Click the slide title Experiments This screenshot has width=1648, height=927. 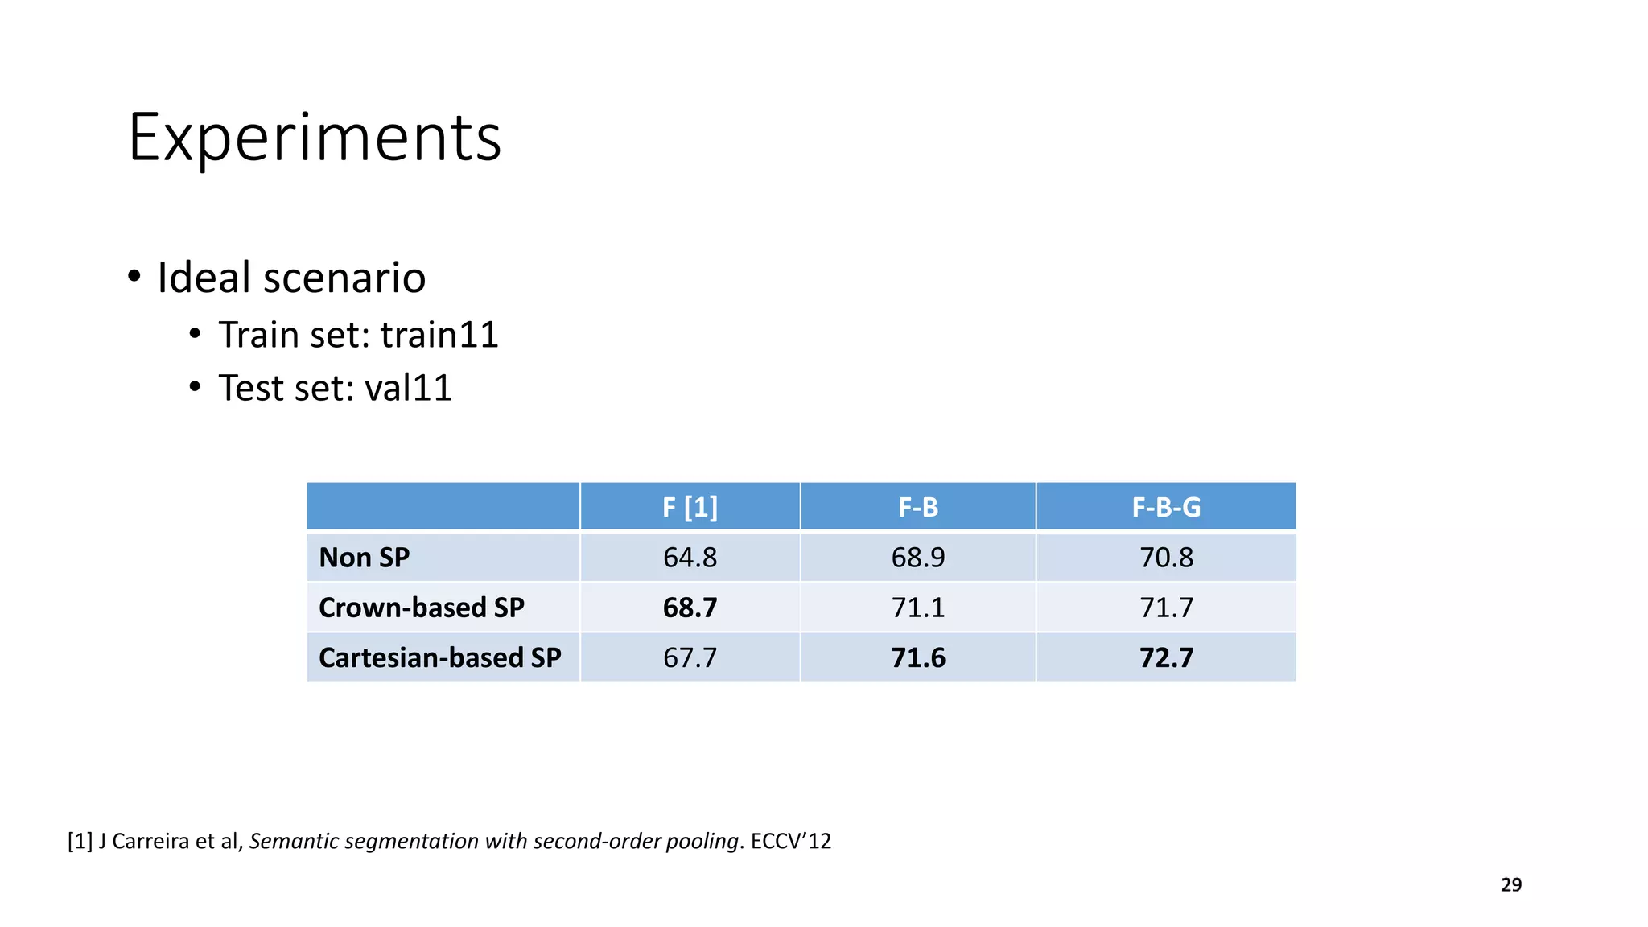[x=315, y=138]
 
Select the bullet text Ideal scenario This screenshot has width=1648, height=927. [x=290, y=278]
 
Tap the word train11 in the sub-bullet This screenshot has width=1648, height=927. [x=439, y=335]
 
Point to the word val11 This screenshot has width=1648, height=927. [x=408, y=388]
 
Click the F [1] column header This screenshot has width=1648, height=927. [x=690, y=507]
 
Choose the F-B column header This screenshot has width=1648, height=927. [x=918, y=507]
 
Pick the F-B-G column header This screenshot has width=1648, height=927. [x=1166, y=507]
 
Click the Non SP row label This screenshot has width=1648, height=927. [x=365, y=557]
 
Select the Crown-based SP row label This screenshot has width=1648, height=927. [x=421, y=608]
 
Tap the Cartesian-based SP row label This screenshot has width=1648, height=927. [x=439, y=657]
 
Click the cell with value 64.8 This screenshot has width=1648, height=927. [x=690, y=557]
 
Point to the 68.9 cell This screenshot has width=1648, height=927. [x=918, y=557]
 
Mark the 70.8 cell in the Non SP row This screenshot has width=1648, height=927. [x=1166, y=557]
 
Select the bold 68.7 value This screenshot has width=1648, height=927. [x=690, y=608]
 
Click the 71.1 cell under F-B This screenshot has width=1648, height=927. [x=918, y=608]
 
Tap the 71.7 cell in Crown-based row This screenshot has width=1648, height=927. [x=1166, y=608]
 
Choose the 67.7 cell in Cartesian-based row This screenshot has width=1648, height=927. [x=690, y=657]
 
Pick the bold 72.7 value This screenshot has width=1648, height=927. [x=1166, y=657]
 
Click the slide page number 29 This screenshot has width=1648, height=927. [x=1511, y=884]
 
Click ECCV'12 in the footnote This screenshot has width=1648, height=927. [x=790, y=841]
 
